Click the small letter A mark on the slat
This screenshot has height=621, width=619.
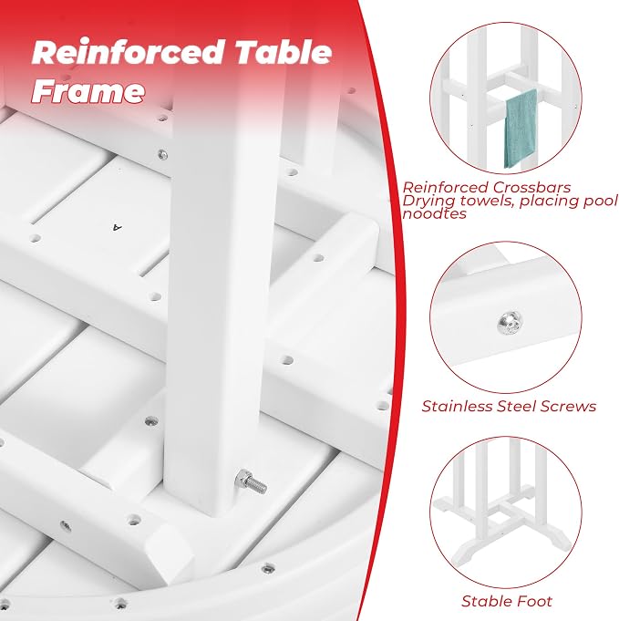[x=118, y=227]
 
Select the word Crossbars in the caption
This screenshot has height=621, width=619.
[x=532, y=187]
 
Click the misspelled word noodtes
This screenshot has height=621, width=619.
[x=435, y=214]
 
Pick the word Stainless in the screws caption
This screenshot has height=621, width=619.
[x=457, y=407]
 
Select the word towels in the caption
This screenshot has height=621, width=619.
[x=483, y=201]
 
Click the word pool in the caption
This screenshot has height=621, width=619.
[x=601, y=202]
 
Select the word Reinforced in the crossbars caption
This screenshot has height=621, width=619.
[x=446, y=187]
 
